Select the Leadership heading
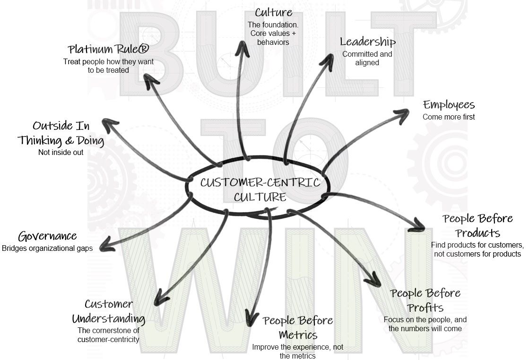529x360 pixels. [x=367, y=42]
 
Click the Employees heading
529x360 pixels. [x=448, y=105]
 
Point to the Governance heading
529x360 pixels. [x=47, y=236]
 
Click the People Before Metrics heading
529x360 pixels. [x=298, y=328]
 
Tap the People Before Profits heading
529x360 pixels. [x=425, y=300]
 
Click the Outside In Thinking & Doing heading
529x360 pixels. [x=61, y=133]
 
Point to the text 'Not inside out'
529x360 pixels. [x=61, y=152]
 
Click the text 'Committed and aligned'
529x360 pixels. [x=367, y=58]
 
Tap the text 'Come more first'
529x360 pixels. [x=448, y=117]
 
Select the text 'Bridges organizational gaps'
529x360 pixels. [x=47, y=248]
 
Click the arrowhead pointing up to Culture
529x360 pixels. [x=243, y=47]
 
